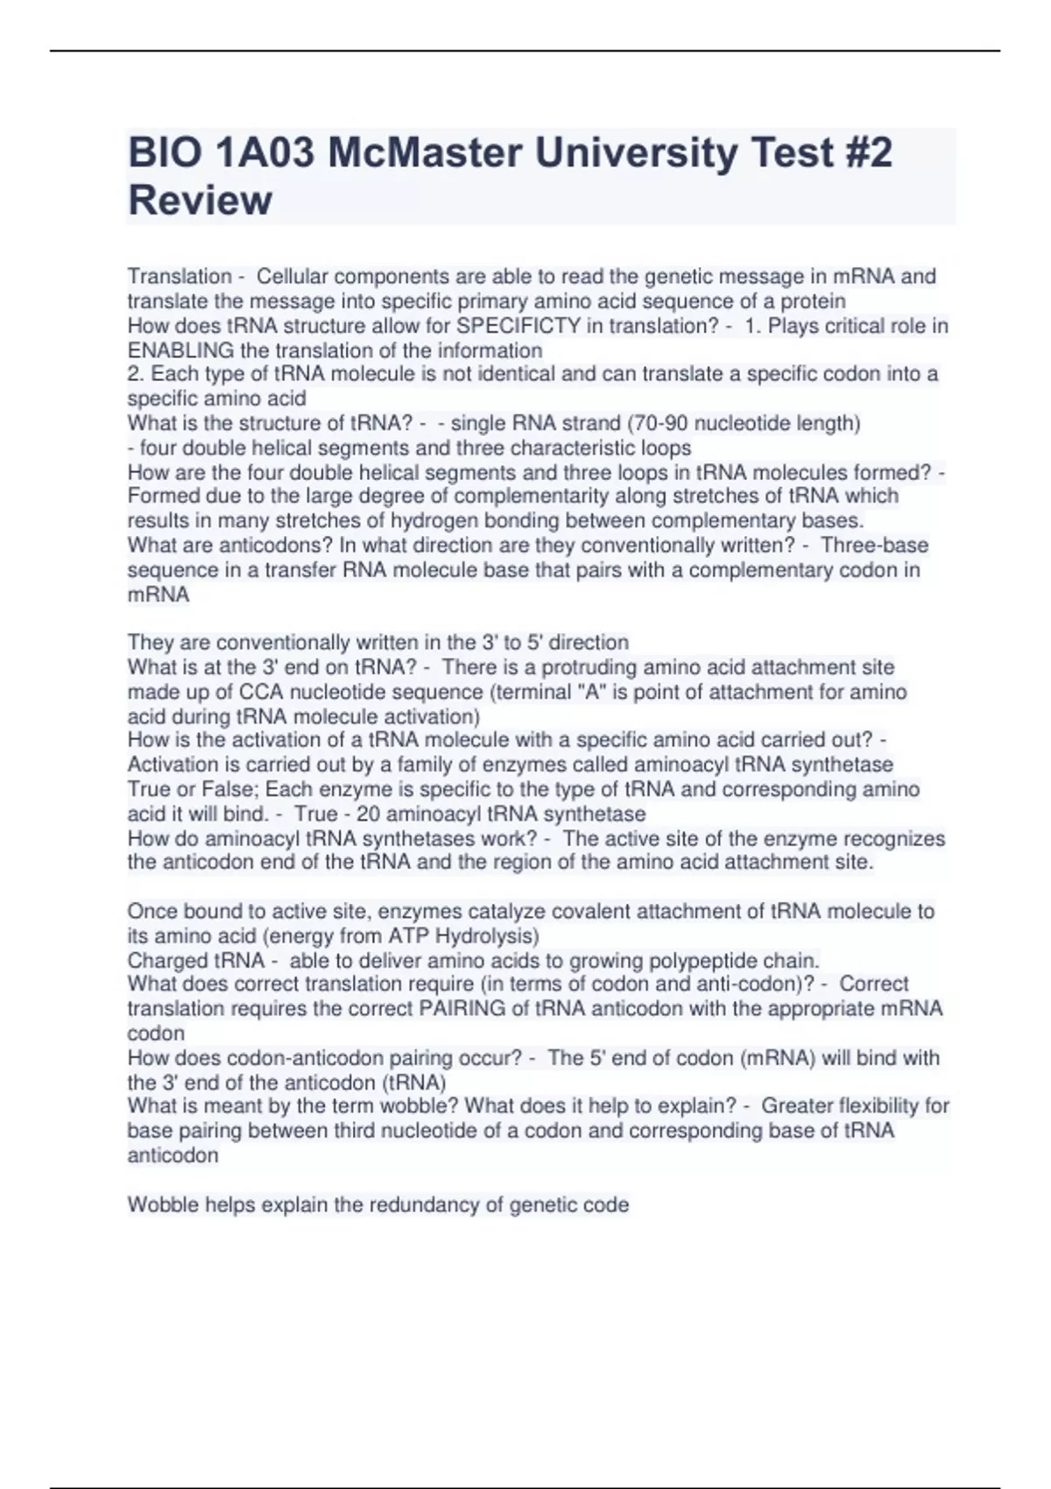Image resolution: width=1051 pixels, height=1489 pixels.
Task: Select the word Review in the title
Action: [x=200, y=200]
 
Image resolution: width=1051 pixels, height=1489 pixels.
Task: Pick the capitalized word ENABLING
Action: [x=181, y=351]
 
